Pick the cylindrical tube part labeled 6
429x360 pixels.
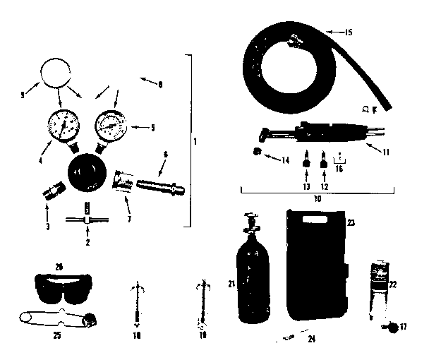click(161, 188)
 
